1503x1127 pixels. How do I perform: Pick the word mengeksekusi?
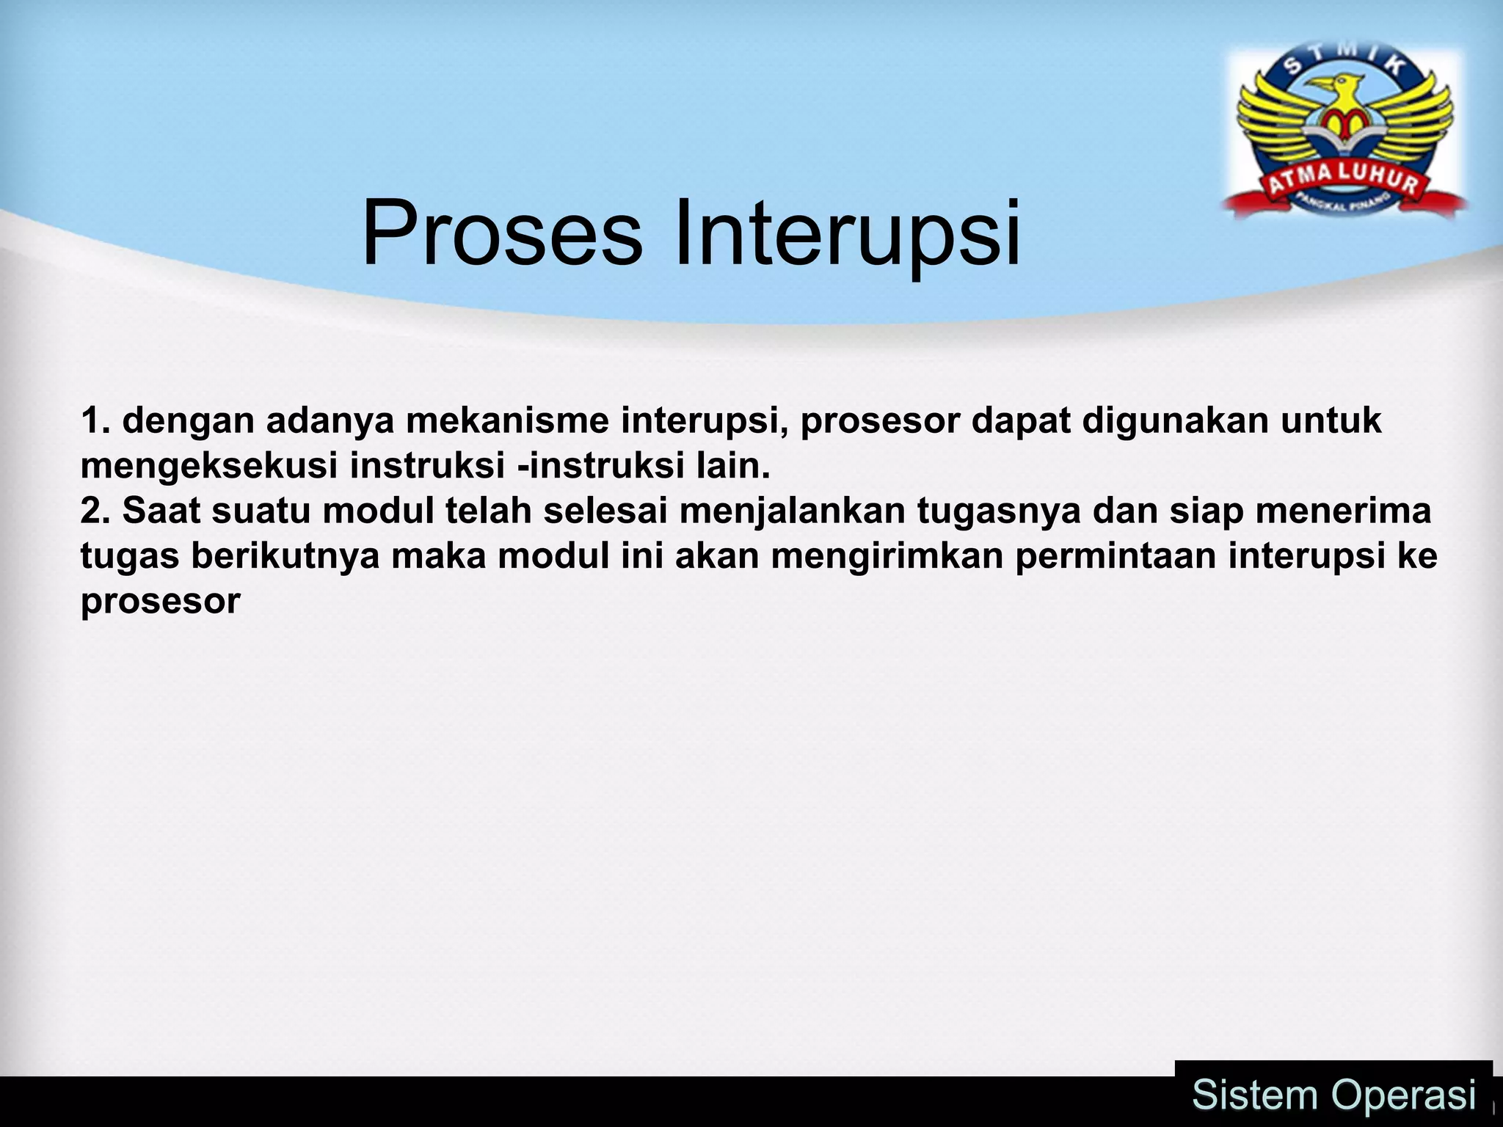click(x=208, y=467)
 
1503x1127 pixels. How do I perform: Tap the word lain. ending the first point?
click(x=733, y=467)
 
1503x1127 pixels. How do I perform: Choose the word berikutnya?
click(x=285, y=556)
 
